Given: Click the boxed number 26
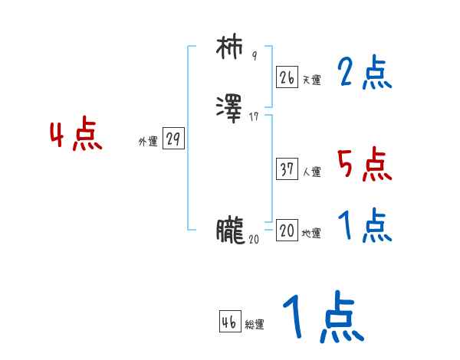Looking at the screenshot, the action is (x=287, y=77).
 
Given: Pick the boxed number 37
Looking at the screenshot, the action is (x=287, y=169).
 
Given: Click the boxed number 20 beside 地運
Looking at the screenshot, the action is (x=287, y=231).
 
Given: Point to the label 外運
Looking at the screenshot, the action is (x=148, y=142).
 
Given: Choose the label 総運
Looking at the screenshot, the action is (x=255, y=325).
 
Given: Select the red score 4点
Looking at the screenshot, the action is (x=76, y=136).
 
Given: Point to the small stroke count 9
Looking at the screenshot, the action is (x=255, y=56).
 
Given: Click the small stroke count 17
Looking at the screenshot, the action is (x=255, y=117).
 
